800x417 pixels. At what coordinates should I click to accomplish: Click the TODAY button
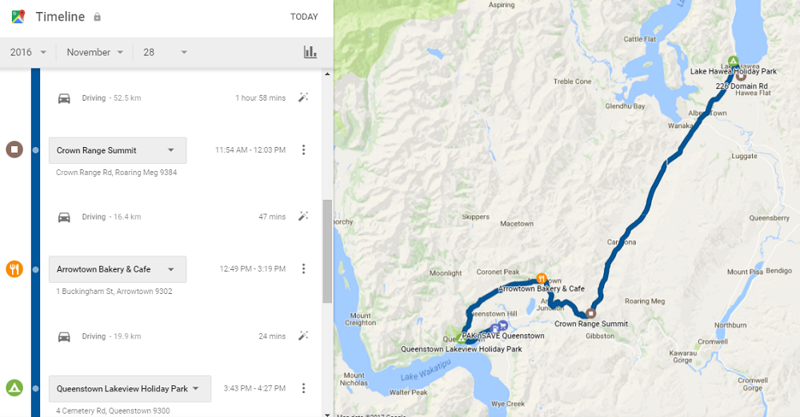pos(304,17)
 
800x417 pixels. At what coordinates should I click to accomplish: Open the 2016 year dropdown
pos(28,52)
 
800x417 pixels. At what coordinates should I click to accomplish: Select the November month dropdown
pos(95,52)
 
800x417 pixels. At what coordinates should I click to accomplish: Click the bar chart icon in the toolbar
pos(310,52)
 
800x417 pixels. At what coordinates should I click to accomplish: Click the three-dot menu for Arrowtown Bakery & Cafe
pos(303,269)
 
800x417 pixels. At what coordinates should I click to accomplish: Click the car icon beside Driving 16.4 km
pos(64,216)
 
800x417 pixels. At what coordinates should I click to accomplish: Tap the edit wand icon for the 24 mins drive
pos(303,336)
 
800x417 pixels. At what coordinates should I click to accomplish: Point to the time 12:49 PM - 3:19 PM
pos(252,269)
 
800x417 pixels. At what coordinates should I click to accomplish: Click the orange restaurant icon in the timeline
pos(14,268)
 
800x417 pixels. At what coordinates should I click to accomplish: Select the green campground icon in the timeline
pos(14,388)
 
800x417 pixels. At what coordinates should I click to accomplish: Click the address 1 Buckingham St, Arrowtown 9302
pos(114,292)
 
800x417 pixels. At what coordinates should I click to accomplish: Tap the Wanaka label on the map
pos(681,125)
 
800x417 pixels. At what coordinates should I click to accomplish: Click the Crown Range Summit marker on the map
pos(591,313)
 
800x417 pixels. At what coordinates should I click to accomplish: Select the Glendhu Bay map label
pos(625,105)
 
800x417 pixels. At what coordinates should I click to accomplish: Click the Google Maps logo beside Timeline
pos(18,16)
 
